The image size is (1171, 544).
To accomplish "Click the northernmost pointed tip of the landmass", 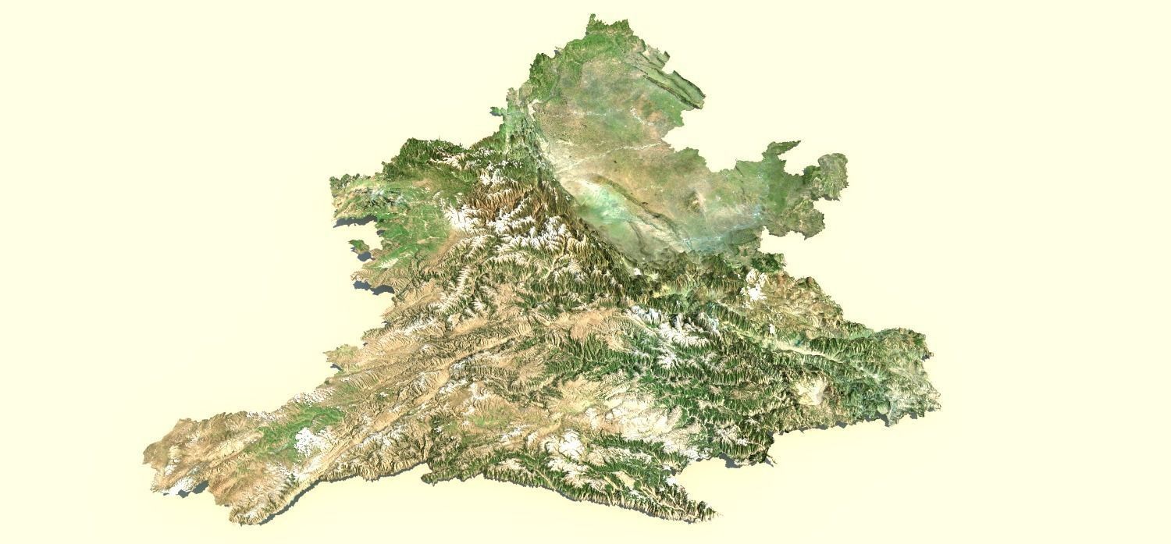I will click(x=593, y=15).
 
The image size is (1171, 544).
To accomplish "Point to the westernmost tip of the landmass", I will click(x=145, y=453).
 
